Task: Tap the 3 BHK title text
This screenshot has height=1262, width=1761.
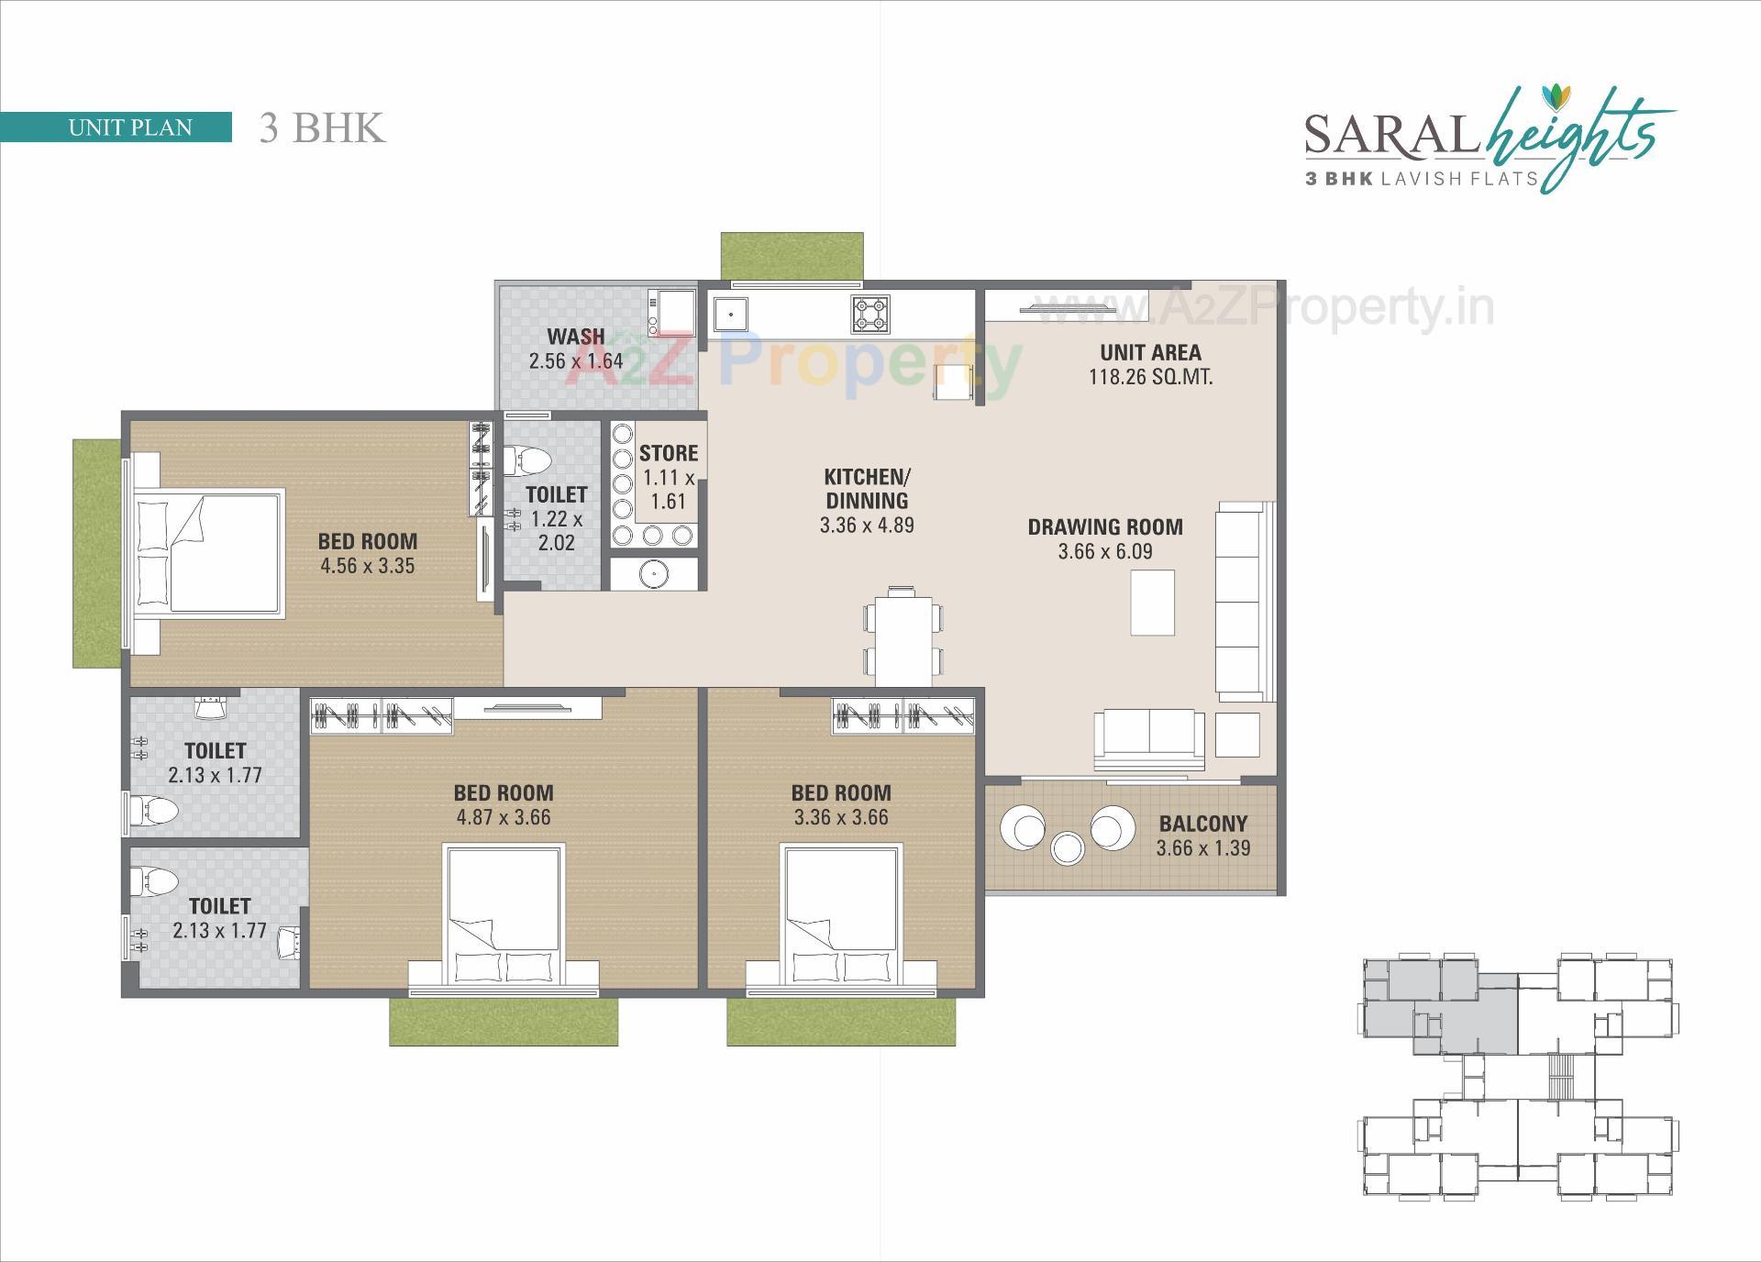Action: [321, 127]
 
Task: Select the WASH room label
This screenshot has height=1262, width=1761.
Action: [576, 337]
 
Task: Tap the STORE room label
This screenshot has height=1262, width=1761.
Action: [669, 453]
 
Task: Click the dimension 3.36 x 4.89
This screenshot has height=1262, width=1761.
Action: [867, 525]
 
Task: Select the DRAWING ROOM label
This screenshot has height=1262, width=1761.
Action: [1105, 526]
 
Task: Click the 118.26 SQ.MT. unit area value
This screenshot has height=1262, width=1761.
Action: [1150, 377]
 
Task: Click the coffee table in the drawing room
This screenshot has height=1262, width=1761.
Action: [1153, 603]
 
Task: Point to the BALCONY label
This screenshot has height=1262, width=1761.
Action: [1202, 824]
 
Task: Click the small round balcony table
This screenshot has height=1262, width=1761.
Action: [1068, 847]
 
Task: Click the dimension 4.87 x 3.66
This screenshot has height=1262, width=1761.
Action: [504, 817]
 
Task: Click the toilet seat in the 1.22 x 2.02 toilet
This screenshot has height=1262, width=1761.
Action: [528, 459]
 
